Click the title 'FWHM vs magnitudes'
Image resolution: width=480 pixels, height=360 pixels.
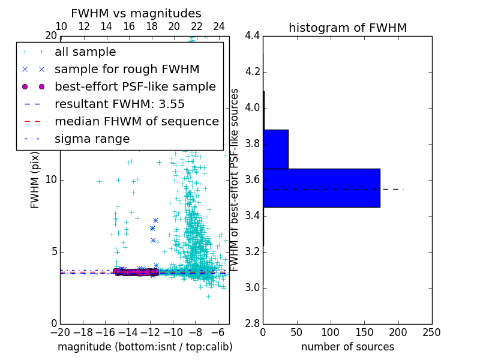pos(136,14)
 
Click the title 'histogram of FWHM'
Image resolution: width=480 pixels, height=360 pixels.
pos(347,28)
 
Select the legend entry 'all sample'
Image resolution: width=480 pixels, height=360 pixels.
pos(85,52)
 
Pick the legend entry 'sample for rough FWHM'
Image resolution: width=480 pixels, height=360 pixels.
pos(127,69)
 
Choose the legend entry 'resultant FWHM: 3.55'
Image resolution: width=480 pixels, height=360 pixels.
pos(119,104)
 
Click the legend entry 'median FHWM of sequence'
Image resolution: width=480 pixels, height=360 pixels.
pos(136,121)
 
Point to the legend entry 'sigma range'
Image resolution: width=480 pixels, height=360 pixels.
pos(92,139)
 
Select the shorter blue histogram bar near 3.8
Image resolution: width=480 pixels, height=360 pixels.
pos(275,149)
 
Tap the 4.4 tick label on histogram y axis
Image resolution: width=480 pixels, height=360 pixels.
pos(252,36)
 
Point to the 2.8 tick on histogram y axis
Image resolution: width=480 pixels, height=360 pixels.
pos(252,324)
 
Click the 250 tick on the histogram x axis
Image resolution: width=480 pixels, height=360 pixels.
pos(431,332)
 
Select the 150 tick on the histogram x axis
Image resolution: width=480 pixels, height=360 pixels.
pos(364,332)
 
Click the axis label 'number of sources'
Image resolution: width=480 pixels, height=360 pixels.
pos(347,347)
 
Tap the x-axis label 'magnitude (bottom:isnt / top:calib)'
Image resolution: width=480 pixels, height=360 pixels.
pos(145,347)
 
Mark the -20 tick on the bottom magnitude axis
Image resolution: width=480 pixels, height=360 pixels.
pos(60,332)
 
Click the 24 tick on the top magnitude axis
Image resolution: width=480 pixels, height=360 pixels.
pos(219,27)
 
